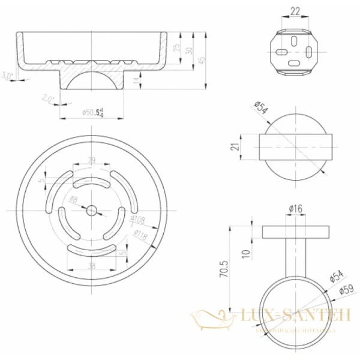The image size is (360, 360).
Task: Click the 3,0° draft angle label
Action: point(7,76)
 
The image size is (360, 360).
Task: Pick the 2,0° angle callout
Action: point(49,98)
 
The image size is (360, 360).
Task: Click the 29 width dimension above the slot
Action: point(92,161)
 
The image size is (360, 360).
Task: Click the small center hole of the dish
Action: point(92,211)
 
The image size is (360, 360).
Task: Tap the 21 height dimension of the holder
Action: point(238,146)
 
